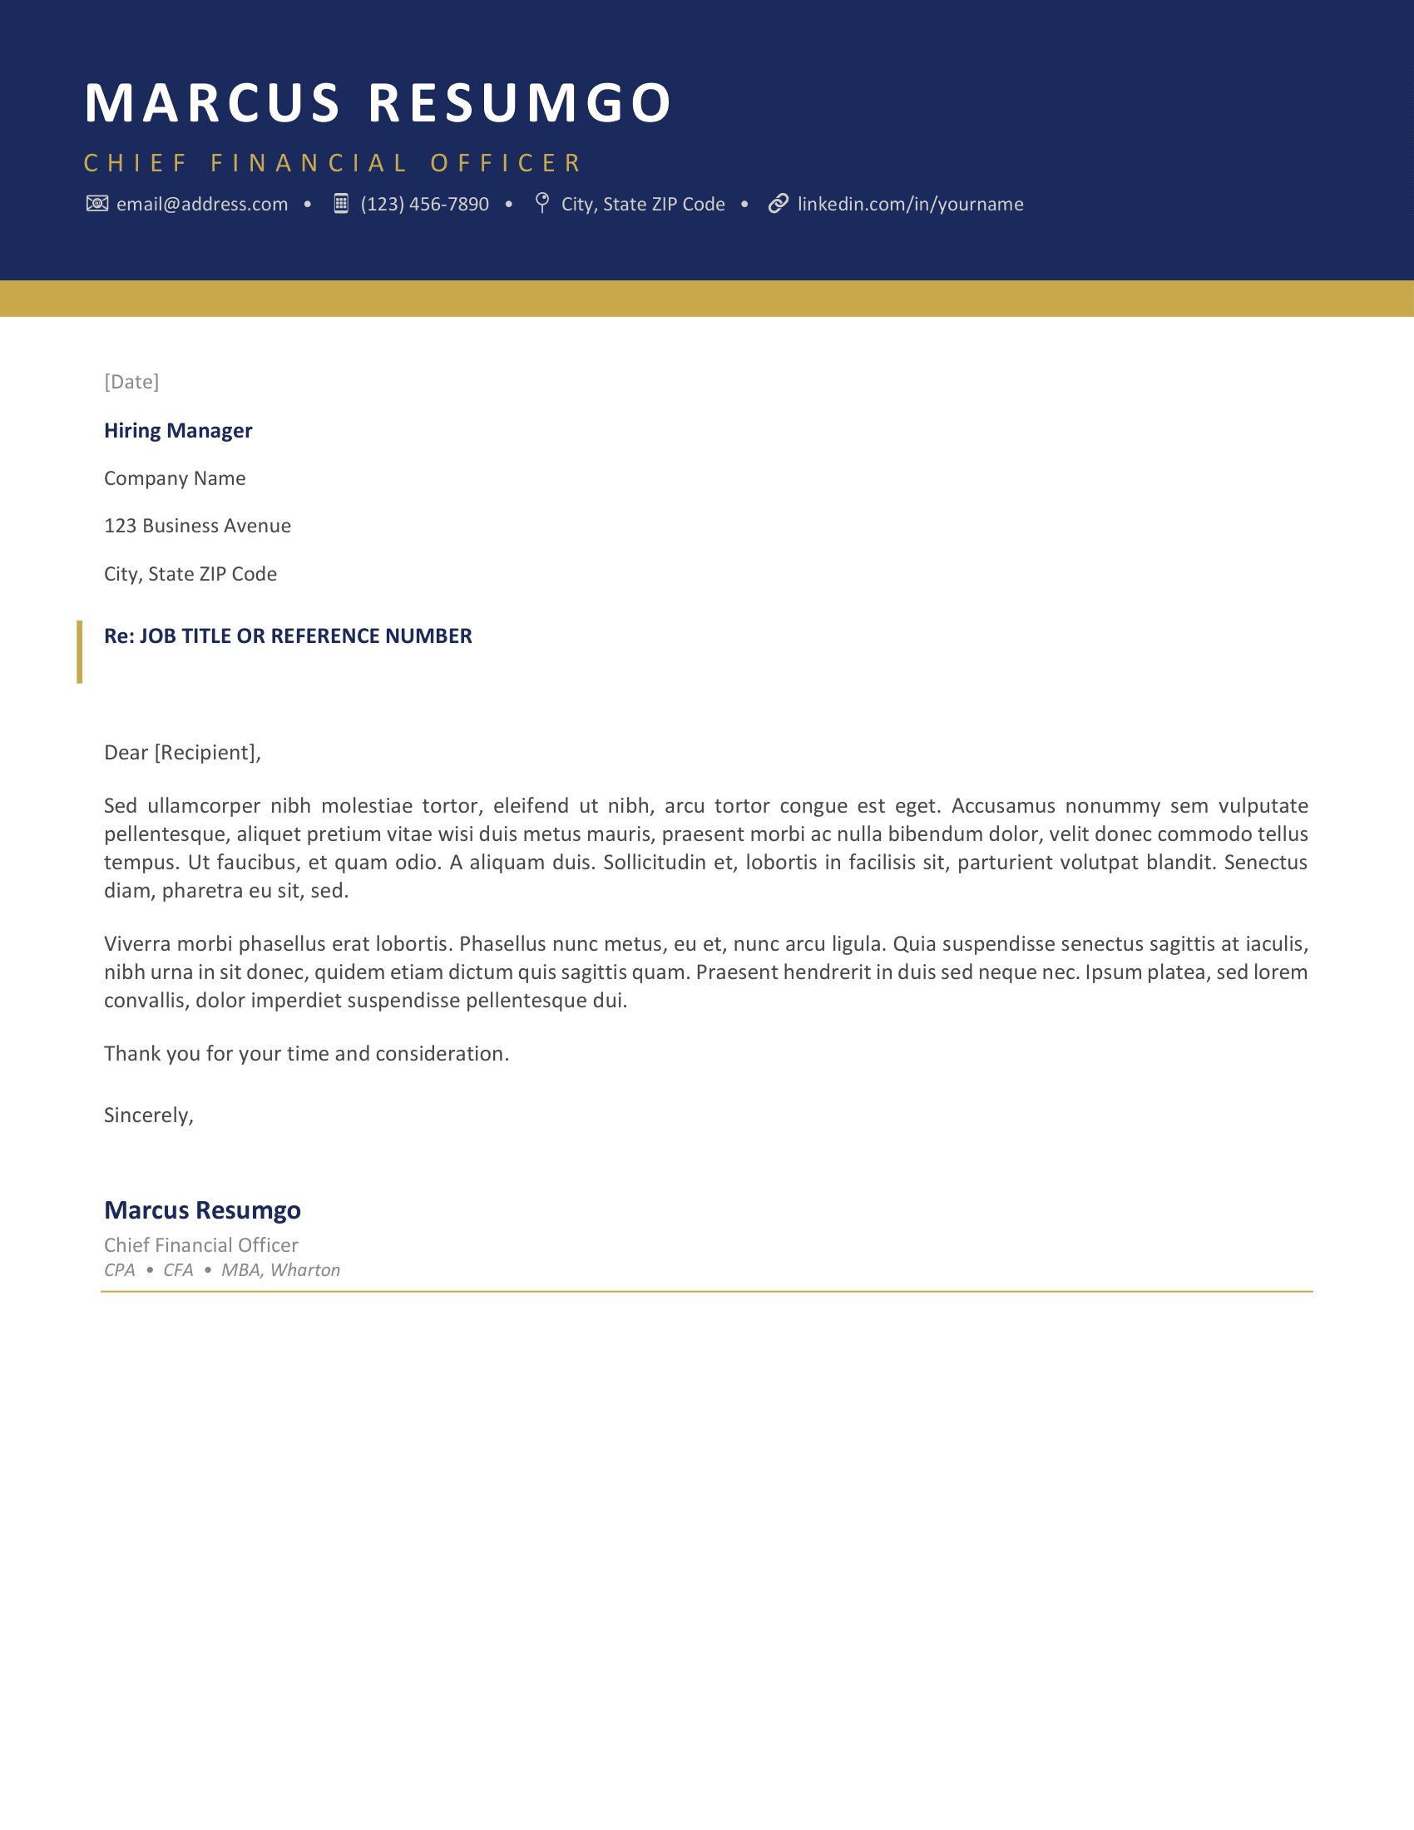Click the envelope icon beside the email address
tap(97, 204)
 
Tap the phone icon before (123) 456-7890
tap(341, 204)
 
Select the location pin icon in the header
tap(542, 203)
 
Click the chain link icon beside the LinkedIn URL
tap(779, 204)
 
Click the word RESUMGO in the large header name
tap(519, 103)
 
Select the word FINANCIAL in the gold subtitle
tap(309, 162)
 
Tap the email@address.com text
tap(202, 205)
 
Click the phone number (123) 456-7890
tap(425, 205)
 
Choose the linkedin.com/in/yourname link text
tap(911, 205)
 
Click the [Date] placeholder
tap(131, 382)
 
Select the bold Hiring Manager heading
tap(178, 431)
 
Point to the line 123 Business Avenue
tap(198, 527)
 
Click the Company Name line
tap(175, 478)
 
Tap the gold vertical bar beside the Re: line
tap(80, 652)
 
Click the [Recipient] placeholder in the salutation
tap(207, 753)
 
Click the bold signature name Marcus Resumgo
tap(202, 1210)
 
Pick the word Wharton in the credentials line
tap(305, 1270)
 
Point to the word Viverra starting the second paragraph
tap(137, 944)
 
